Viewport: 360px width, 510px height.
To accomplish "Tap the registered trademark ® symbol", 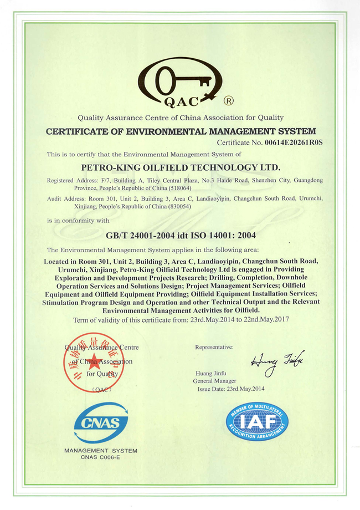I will click(x=228, y=101).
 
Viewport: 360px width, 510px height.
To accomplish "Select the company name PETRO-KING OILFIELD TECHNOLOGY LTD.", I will click(x=181, y=166).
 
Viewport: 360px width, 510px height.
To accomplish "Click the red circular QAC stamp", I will click(x=90, y=361).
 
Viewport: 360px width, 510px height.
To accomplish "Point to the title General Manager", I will click(x=214, y=381).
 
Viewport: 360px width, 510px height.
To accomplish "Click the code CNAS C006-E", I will click(x=101, y=458).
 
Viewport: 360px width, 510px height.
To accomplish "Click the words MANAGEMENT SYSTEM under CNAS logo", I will click(x=101, y=451).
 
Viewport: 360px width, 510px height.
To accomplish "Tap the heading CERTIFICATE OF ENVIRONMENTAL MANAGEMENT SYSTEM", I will click(x=181, y=131).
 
